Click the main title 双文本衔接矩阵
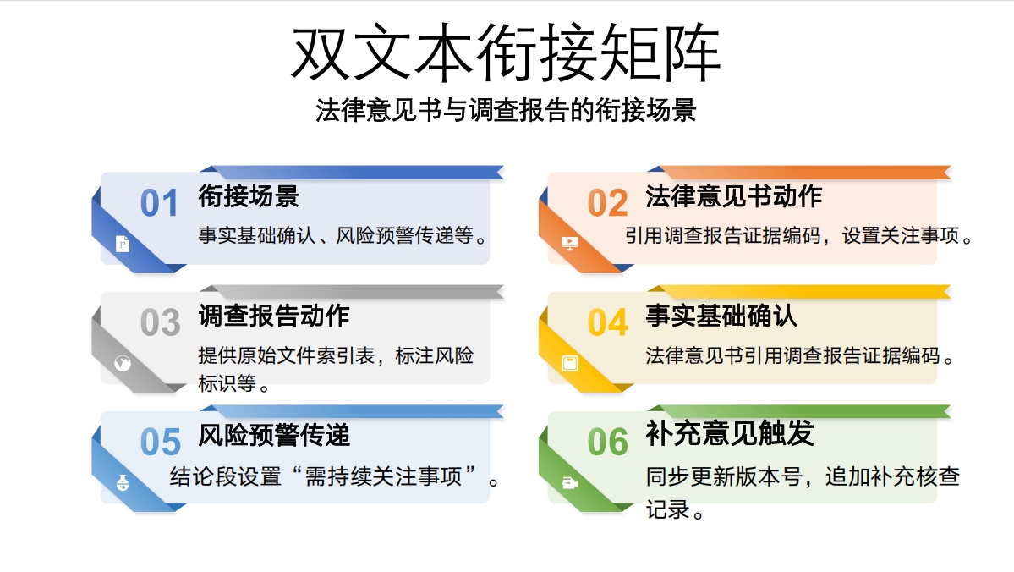[x=506, y=52]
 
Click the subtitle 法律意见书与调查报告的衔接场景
[x=506, y=110]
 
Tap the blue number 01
[x=160, y=204]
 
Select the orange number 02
[x=607, y=204]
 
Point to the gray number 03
[x=160, y=323]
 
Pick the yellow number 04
[x=607, y=323]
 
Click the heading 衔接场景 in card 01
[x=249, y=196]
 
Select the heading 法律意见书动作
[x=733, y=196]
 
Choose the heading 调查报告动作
[x=274, y=316]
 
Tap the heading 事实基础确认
[x=721, y=316]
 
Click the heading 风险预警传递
[x=274, y=435]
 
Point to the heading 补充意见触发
[x=730, y=433]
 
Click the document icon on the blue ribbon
[x=123, y=245]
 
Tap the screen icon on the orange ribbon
[x=571, y=244]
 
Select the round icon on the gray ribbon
[x=123, y=364]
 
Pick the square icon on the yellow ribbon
[x=571, y=364]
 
